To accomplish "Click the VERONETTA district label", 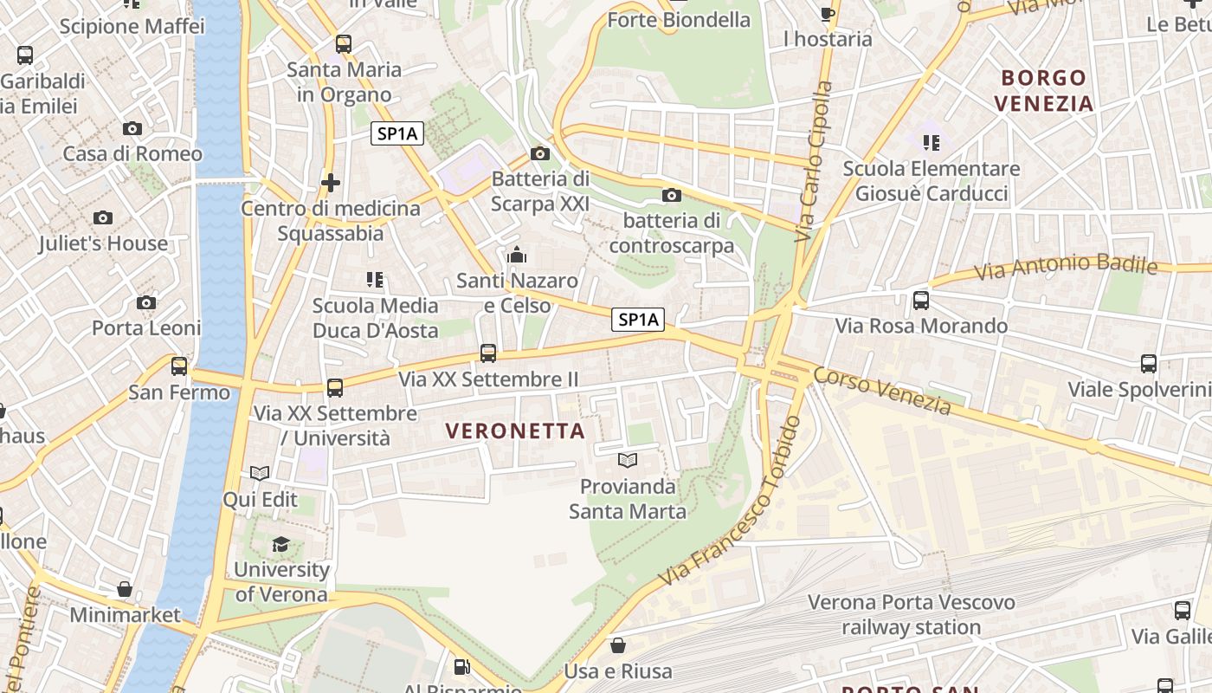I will [x=515, y=431].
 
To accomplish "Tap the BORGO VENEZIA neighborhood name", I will [x=1043, y=91].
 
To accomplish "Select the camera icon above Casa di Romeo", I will [x=132, y=129].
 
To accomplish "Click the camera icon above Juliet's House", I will [x=103, y=217].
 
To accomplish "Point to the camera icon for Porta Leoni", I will [x=146, y=302].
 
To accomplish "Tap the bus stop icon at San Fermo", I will [x=179, y=366].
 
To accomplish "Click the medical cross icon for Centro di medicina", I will [x=330, y=183].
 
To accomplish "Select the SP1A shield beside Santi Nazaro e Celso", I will [x=638, y=320].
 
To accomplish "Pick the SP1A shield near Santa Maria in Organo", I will [x=397, y=133].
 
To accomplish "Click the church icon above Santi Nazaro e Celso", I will [x=517, y=255].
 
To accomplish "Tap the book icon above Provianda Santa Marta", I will [x=628, y=460].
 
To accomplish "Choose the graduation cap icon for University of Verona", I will [x=281, y=544].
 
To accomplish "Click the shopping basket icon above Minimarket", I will [x=125, y=589].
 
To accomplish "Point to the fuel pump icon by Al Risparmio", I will [x=462, y=667].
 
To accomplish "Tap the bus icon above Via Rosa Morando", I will [x=921, y=301].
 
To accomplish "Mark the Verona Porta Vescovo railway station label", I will [x=911, y=614].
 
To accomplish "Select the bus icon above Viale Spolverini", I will [x=1149, y=364].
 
